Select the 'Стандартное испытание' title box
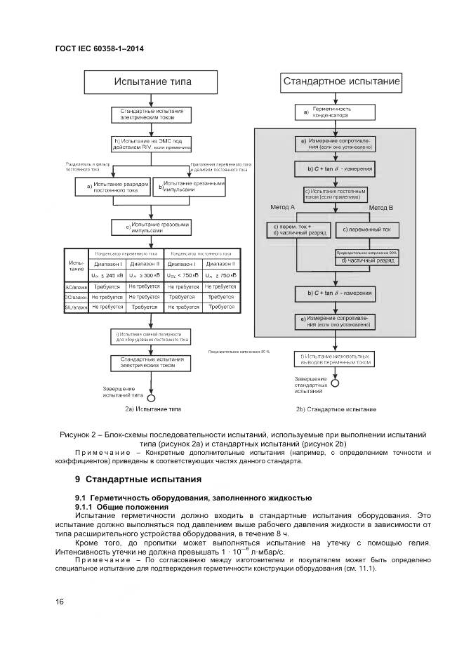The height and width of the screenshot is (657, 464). (x=341, y=81)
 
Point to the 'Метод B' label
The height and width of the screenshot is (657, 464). (x=380, y=208)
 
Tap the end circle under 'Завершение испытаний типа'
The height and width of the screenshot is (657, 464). (x=150, y=397)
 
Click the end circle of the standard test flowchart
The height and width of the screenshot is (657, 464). (x=335, y=383)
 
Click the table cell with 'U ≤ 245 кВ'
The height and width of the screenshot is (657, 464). (x=105, y=275)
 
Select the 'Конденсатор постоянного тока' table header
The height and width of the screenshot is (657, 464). (x=202, y=253)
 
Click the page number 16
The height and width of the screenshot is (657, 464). (x=60, y=602)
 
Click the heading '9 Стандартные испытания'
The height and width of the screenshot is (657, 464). (x=138, y=479)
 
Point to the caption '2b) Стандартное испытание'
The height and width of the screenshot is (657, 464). (x=336, y=409)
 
